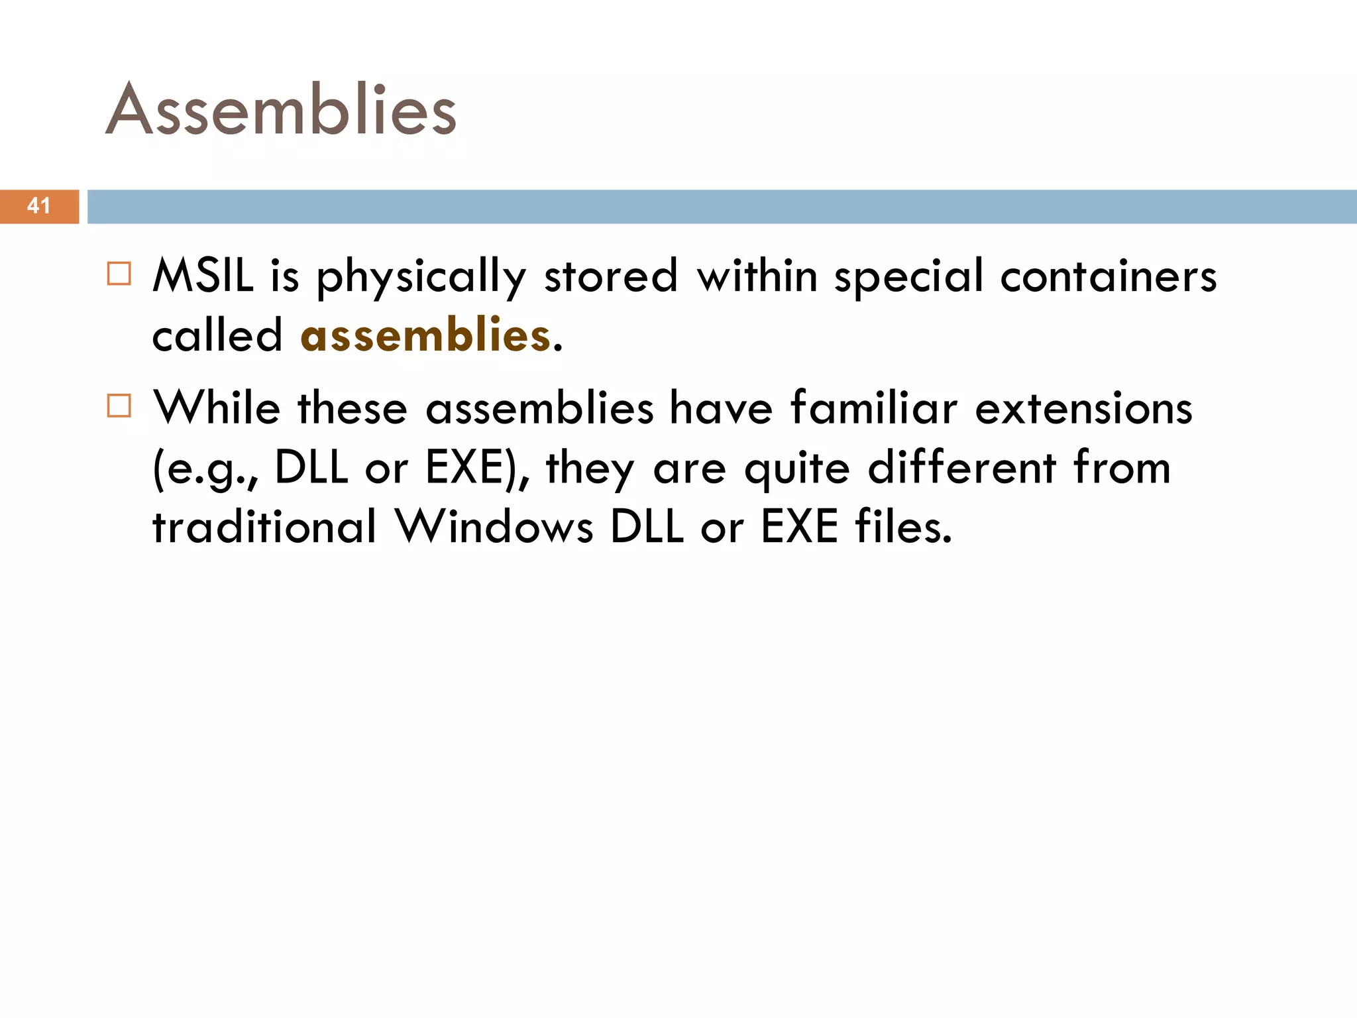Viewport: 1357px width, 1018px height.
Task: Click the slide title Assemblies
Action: coord(281,110)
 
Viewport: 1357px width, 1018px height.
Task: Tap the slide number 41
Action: coord(38,205)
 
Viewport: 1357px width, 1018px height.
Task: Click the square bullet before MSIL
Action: coord(119,273)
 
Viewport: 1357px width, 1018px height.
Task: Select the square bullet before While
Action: coord(119,405)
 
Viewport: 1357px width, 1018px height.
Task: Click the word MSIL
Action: coord(203,275)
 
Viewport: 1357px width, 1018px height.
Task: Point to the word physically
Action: coord(421,277)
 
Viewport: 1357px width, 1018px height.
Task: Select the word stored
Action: coord(611,275)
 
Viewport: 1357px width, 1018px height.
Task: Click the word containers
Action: coord(1108,275)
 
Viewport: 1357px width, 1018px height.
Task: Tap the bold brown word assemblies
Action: coord(425,335)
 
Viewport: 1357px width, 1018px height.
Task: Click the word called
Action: coord(217,335)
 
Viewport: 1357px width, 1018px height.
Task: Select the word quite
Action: coord(797,468)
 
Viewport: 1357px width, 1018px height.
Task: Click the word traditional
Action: coord(265,526)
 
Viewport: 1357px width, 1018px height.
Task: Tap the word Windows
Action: coord(494,526)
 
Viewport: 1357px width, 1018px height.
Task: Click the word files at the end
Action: coord(903,526)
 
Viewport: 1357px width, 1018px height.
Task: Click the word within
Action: coord(757,275)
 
